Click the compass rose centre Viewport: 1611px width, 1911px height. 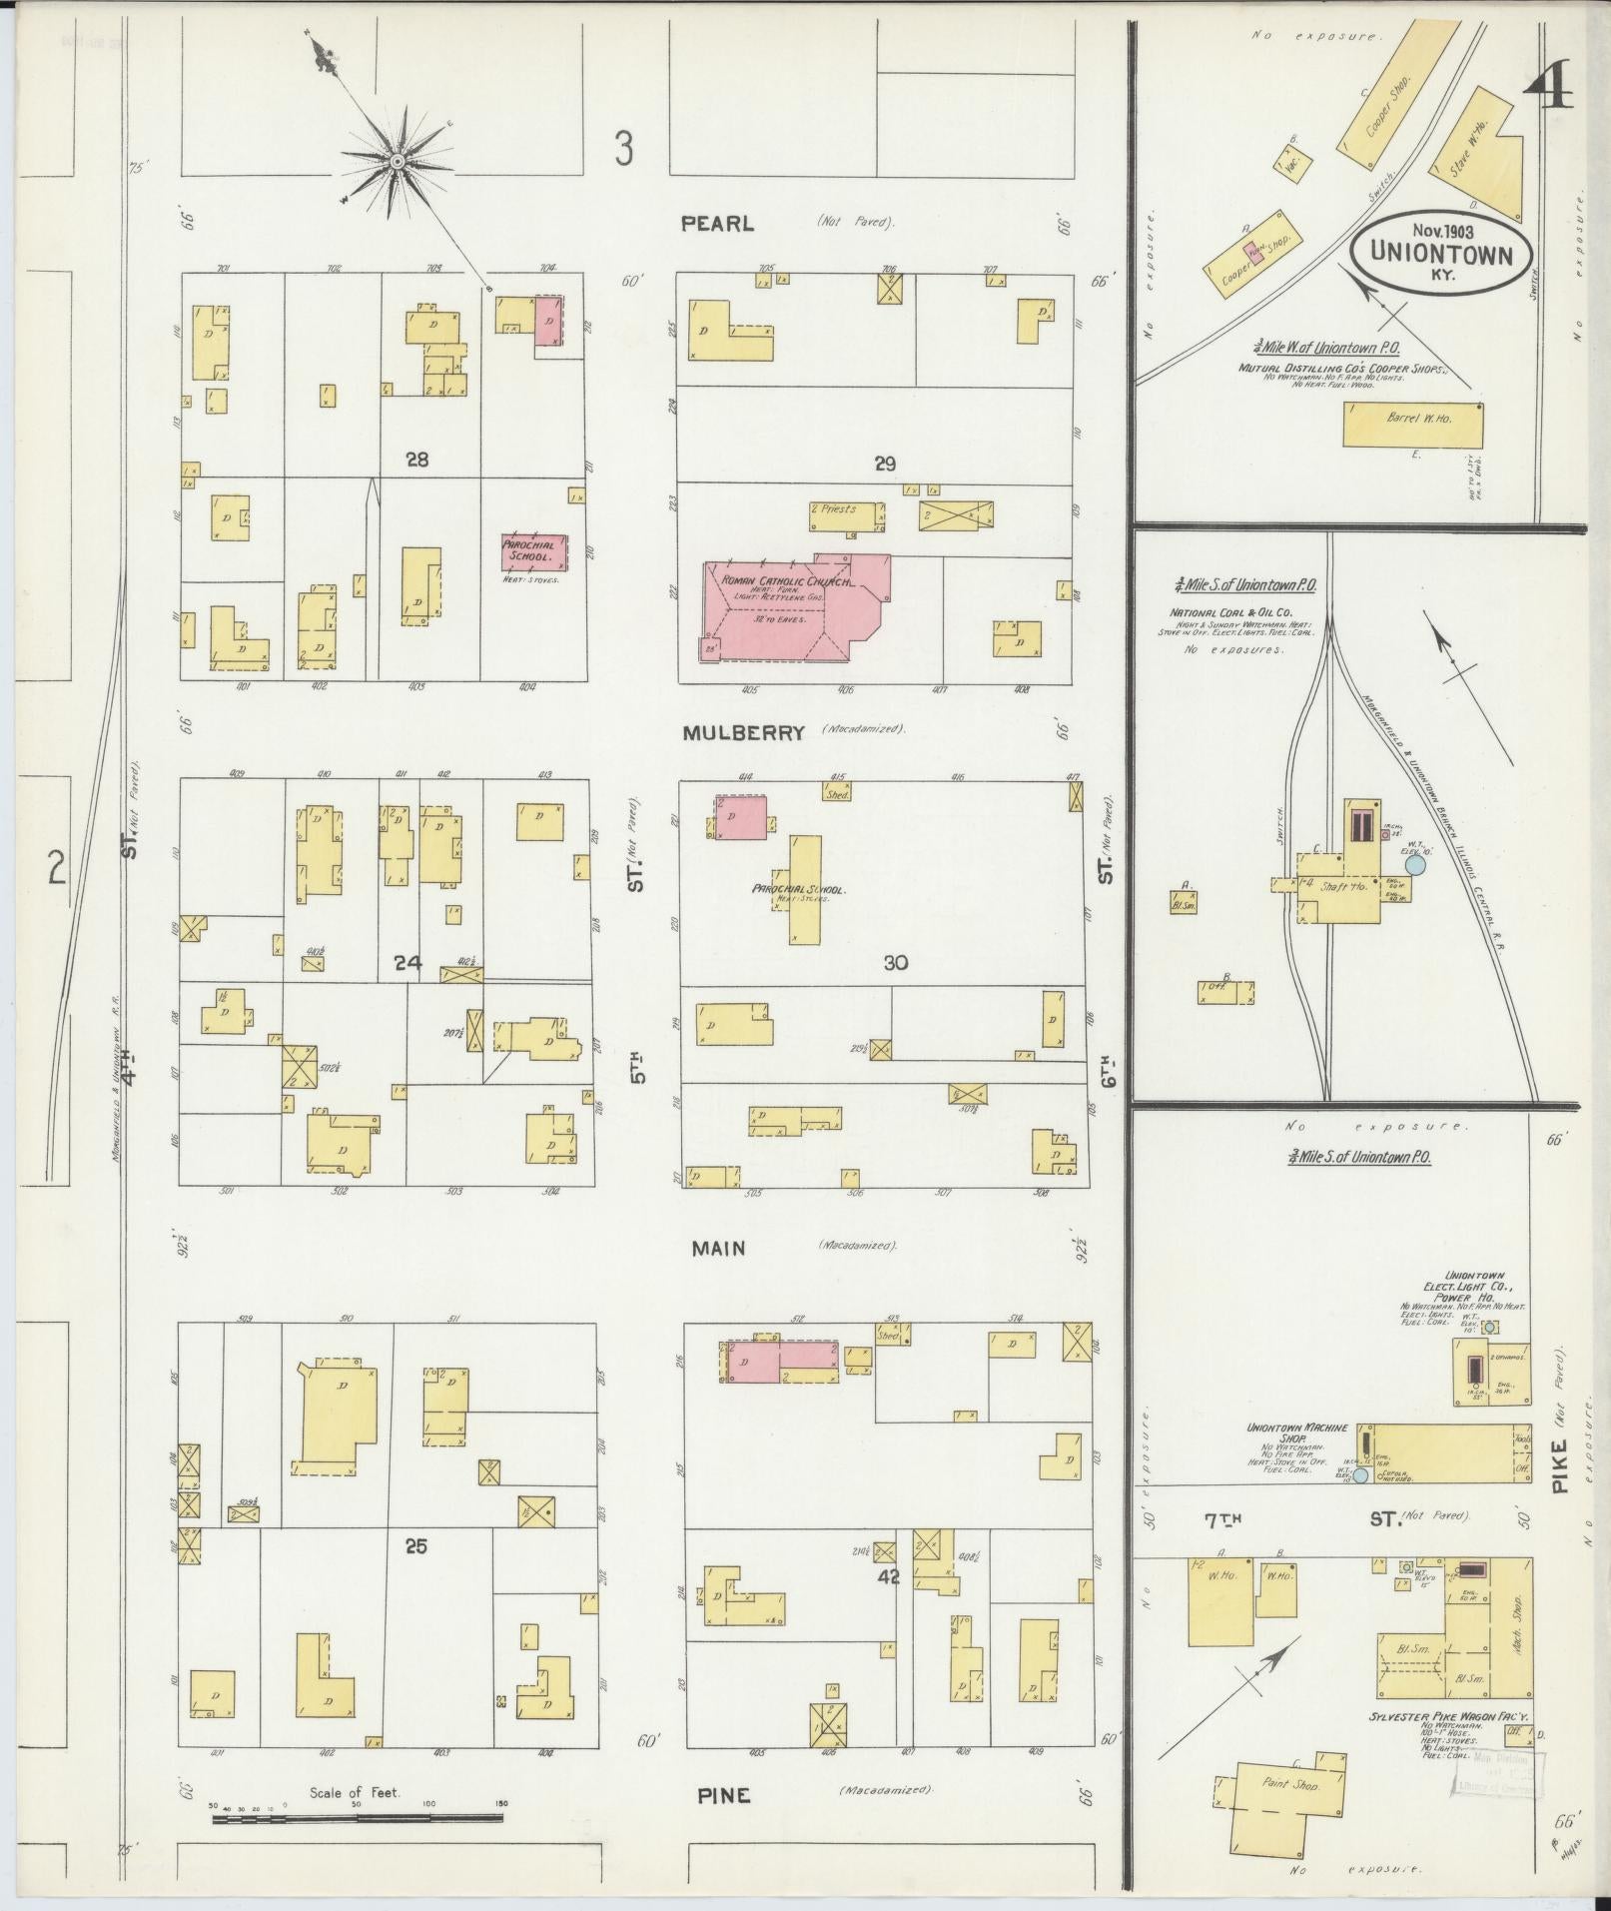pyautogui.click(x=397, y=161)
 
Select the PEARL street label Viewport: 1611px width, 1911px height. pyautogui.click(x=717, y=224)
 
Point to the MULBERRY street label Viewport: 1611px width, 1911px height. pyautogui.click(x=744, y=732)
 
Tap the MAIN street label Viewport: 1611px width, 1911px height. pyautogui.click(x=719, y=1248)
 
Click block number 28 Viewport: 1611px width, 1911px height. pyautogui.click(x=417, y=460)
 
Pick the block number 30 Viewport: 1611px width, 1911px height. pyautogui.click(x=896, y=963)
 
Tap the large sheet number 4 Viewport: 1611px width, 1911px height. pyautogui.click(x=1549, y=92)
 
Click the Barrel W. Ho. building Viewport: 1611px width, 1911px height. pyautogui.click(x=1412, y=424)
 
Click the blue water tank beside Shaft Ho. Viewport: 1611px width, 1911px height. pyautogui.click(x=1415, y=867)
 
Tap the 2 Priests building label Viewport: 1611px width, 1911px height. pyautogui.click(x=836, y=509)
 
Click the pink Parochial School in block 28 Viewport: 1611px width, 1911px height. pyautogui.click(x=534, y=551)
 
